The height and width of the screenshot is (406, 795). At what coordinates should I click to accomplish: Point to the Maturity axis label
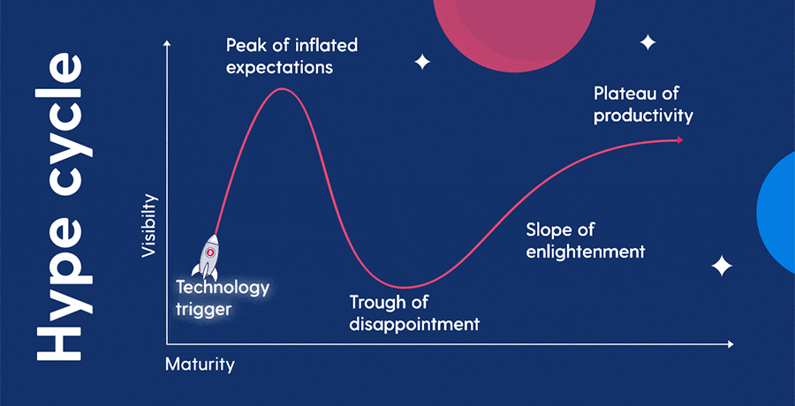coord(201,363)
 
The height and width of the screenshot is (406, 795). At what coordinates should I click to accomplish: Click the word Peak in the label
coord(244,44)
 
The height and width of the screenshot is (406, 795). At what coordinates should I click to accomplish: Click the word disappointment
coord(414,324)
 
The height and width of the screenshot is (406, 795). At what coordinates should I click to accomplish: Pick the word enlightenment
coord(585,252)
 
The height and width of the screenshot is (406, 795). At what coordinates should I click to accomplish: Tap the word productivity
coord(643,115)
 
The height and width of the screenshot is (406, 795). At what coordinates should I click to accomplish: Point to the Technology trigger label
coord(222,297)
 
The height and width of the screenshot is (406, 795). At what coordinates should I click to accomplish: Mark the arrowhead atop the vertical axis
coord(166,42)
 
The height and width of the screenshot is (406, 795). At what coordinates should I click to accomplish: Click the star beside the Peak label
coord(422,62)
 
